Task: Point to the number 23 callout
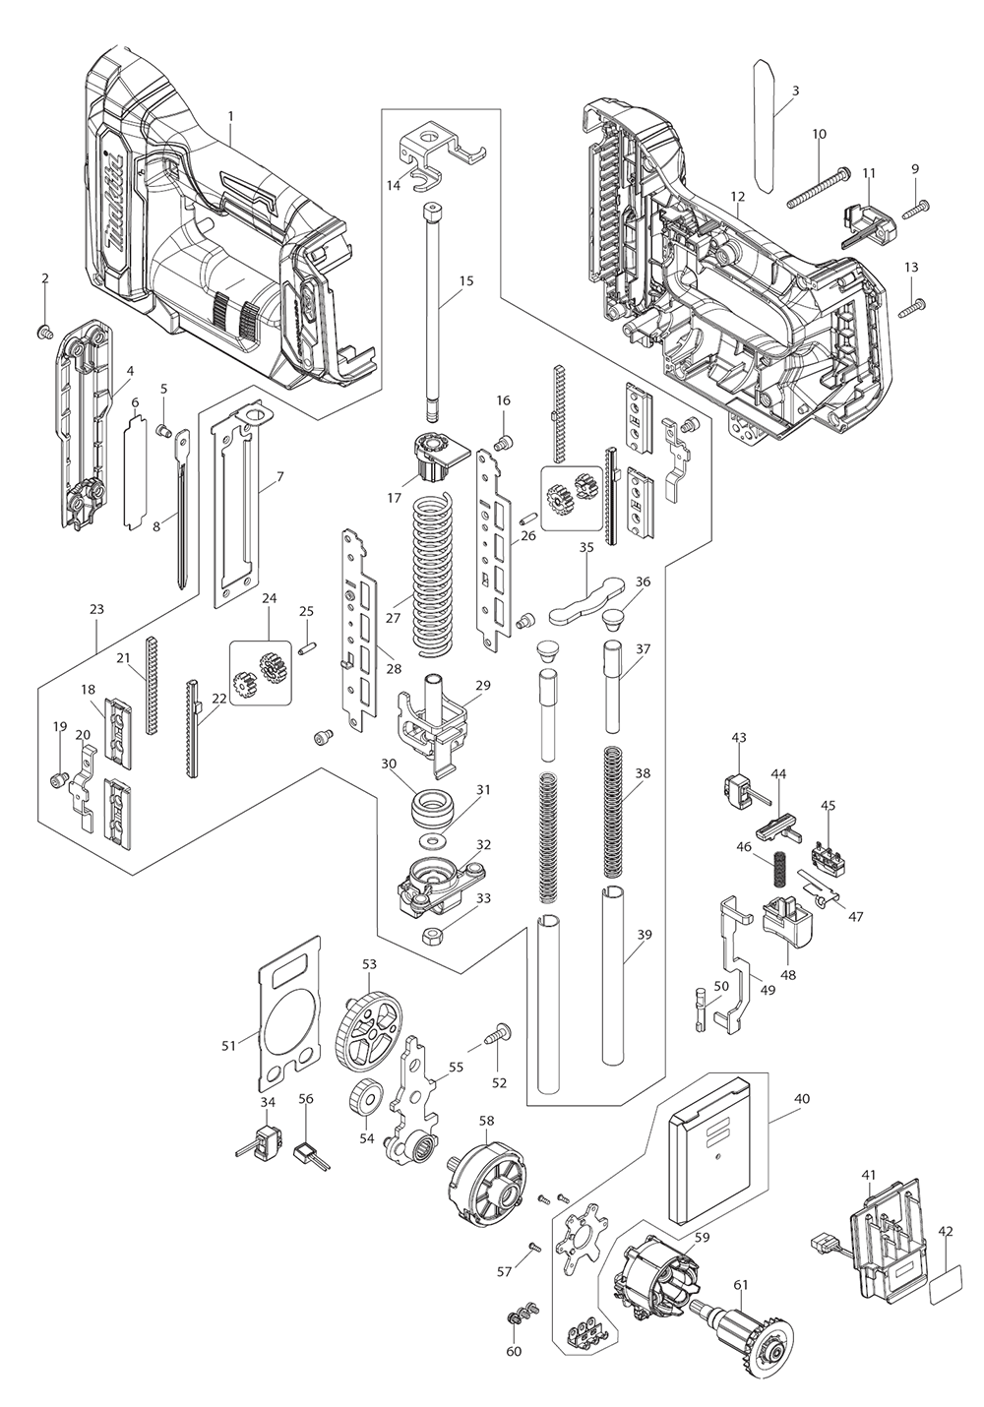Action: coord(95,609)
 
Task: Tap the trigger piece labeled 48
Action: coord(788,918)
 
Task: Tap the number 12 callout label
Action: coord(738,196)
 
